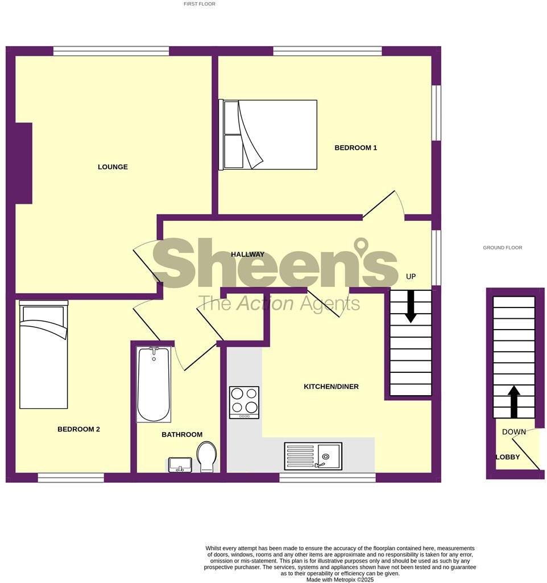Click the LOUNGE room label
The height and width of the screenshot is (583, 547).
coord(113,167)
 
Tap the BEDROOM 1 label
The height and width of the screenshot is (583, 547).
coord(355,147)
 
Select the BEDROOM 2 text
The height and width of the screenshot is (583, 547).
coord(78,429)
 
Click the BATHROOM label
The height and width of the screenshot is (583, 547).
coord(182,434)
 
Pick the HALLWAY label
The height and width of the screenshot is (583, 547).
coord(247,254)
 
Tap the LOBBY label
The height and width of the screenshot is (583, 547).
coord(507,457)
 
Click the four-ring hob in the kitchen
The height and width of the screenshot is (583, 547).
coord(244,402)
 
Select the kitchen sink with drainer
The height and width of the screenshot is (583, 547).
coord(313,456)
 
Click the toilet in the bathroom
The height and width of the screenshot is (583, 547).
coord(206,457)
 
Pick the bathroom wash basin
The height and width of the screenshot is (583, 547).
coord(181,464)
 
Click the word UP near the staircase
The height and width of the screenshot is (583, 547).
coord(411,277)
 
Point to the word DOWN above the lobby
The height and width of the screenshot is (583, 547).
coord(513,432)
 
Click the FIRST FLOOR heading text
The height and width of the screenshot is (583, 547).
coord(199,4)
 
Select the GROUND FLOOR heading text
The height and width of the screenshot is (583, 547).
coord(502,248)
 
